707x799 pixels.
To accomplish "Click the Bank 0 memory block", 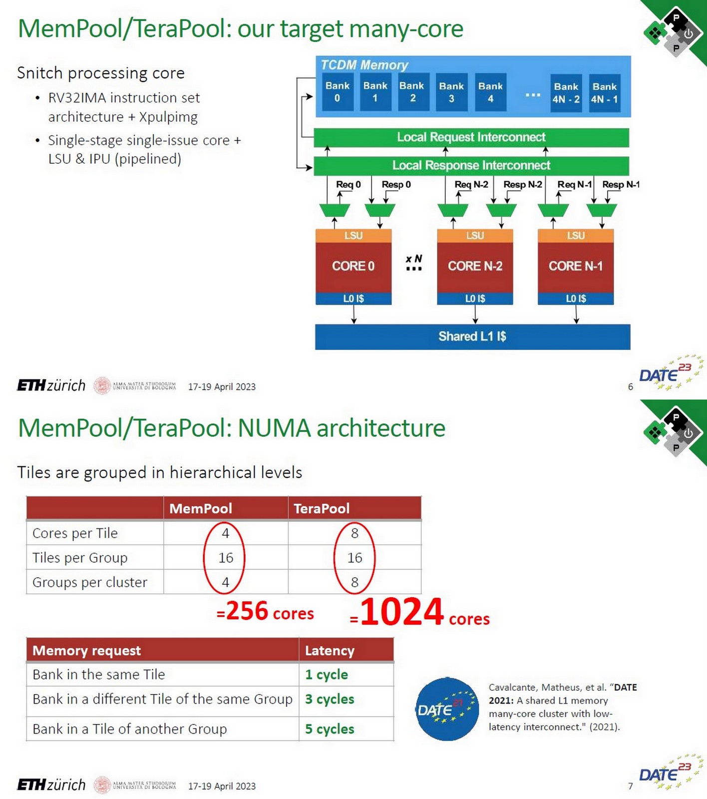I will coord(337,92).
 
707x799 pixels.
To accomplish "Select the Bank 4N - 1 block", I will coord(604,93).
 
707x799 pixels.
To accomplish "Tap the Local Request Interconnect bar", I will coord(471,137).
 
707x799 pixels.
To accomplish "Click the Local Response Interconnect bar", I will coord(471,165).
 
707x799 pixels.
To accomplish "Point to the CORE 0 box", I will coord(353,267).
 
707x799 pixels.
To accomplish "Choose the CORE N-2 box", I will coord(475,267).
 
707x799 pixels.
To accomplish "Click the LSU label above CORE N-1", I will coord(576,236).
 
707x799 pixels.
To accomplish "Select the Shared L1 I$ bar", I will coord(472,337).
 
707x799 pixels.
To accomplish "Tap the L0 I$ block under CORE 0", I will coord(353,299).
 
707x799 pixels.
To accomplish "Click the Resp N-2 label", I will coord(522,185).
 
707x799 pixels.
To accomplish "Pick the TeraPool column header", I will coord(322,508).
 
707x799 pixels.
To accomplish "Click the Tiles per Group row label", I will coord(80,557).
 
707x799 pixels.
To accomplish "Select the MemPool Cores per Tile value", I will coord(225,533).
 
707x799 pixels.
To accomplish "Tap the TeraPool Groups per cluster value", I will coord(354,582).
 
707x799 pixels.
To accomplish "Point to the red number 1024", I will coord(401,612).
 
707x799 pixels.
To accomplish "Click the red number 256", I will coord(247,611).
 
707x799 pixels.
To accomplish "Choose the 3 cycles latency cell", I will coord(330,699).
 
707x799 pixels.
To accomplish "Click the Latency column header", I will coord(330,651).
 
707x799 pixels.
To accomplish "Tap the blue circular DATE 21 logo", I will coord(447,709).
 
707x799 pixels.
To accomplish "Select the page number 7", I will coord(630,787).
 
